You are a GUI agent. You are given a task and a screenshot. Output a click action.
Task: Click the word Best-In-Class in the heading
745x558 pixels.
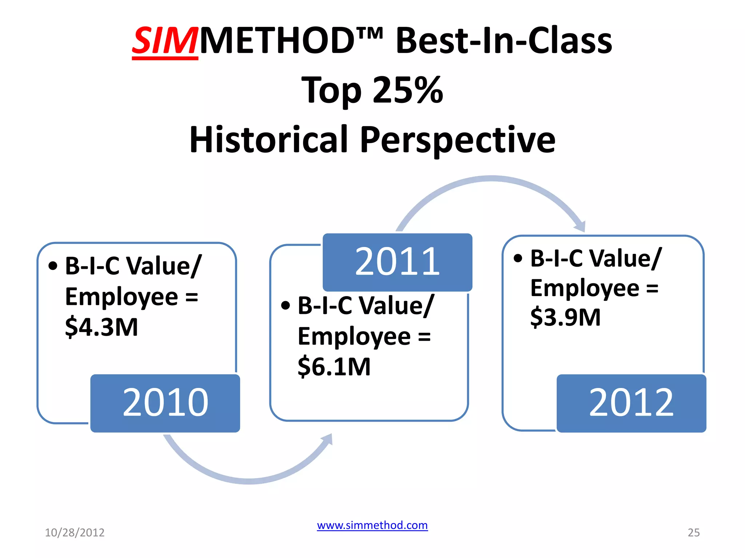pos(504,41)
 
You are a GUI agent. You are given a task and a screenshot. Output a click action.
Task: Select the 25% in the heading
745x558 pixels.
pos(408,90)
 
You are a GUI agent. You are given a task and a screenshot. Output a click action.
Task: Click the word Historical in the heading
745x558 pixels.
pos(269,139)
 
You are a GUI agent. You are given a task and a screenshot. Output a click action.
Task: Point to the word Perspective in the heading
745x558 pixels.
pos(458,140)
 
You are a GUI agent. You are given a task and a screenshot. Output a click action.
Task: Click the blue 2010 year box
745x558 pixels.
pos(165,403)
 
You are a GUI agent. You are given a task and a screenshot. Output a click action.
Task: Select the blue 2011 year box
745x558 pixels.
pos(397,262)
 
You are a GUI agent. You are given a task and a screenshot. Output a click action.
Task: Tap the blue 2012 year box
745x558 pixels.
pos(631,403)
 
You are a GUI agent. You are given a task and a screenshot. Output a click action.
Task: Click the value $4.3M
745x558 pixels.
pos(101,327)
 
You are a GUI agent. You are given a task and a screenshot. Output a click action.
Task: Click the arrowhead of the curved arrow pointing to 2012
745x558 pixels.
pos(581,227)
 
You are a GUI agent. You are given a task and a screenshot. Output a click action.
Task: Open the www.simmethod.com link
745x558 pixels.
pos(372,525)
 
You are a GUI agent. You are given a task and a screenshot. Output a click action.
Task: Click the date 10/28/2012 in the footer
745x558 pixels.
pos(75,533)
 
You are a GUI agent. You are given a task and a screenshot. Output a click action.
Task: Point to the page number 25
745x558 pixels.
pos(693,533)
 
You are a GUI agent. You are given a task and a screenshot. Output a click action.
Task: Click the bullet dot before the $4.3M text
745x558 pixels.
pos(53,266)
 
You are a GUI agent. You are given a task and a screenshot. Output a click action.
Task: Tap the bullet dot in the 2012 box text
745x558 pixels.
pos(518,258)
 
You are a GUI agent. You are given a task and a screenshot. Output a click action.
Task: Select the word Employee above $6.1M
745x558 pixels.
pos(354,336)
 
